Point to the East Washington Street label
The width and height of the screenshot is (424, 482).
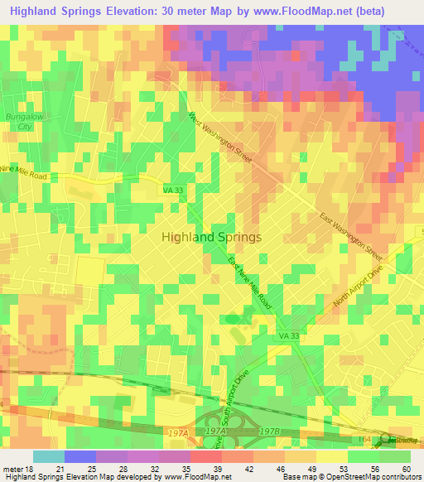pos(351,234)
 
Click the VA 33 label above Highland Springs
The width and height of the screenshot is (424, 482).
pos(170,190)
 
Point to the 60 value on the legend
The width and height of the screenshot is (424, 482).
pos(405,469)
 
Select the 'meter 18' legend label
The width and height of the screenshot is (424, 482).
pos(17,469)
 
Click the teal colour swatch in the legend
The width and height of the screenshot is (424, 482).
pos(48,456)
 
